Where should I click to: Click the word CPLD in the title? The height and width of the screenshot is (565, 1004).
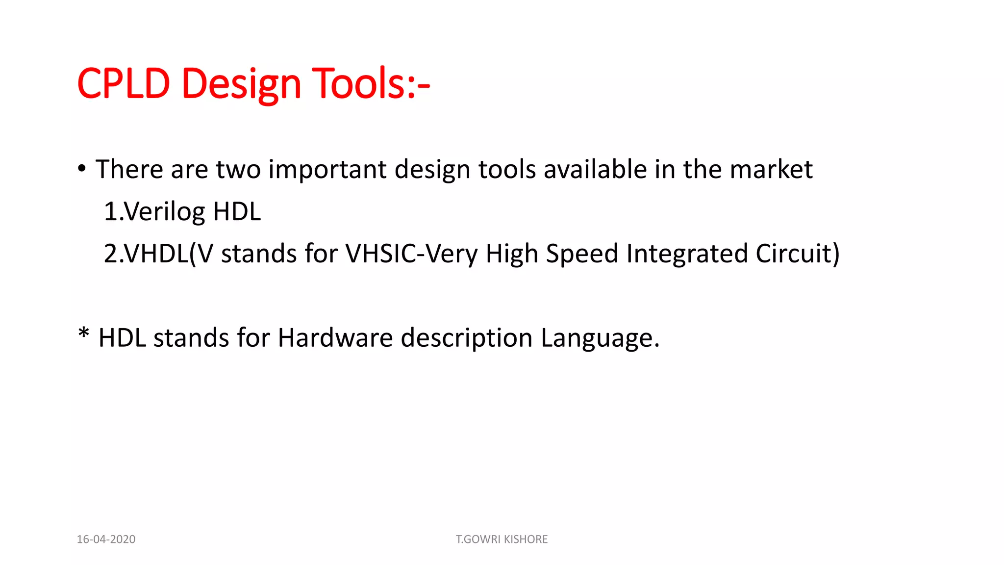click(124, 83)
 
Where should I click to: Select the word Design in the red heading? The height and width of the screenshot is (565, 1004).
click(241, 84)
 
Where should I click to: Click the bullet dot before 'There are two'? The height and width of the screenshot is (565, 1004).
click(82, 169)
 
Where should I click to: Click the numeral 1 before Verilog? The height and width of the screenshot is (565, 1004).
click(110, 212)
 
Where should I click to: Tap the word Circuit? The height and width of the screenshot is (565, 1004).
click(793, 254)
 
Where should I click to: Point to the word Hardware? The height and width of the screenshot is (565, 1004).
click(335, 338)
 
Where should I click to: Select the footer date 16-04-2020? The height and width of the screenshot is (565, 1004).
click(106, 539)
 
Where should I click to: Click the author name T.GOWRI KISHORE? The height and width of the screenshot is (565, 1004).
click(502, 539)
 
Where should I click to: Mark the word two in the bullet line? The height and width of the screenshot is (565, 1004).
click(238, 170)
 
